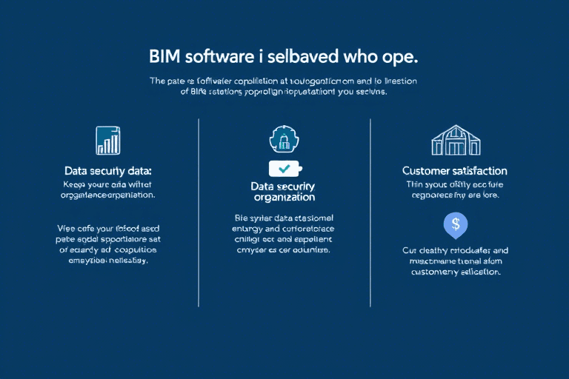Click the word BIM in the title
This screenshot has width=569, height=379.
click(x=164, y=56)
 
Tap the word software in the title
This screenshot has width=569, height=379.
click(x=219, y=56)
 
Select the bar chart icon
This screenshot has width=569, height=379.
click(x=109, y=140)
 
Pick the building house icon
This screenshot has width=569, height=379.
click(x=455, y=140)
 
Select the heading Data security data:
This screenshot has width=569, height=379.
click(x=108, y=170)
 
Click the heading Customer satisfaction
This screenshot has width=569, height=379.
click(x=454, y=171)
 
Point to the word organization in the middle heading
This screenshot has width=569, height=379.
click(x=284, y=198)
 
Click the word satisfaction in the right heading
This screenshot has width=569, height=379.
click(x=481, y=171)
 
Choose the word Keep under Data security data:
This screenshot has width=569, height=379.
click(x=76, y=183)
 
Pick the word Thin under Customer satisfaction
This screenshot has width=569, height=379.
click(x=413, y=184)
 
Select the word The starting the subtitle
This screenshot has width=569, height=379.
click(x=158, y=81)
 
